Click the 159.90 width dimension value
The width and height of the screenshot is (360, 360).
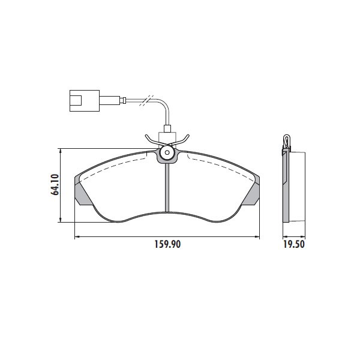167,244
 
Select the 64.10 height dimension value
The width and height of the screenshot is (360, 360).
55,185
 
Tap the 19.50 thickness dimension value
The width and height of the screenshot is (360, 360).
293,244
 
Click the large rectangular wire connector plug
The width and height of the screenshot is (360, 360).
85,101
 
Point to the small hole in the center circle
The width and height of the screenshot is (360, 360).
167,152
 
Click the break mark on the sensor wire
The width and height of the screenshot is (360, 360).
146,100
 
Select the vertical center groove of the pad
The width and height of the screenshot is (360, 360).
167,188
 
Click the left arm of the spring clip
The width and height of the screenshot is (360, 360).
154,140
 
